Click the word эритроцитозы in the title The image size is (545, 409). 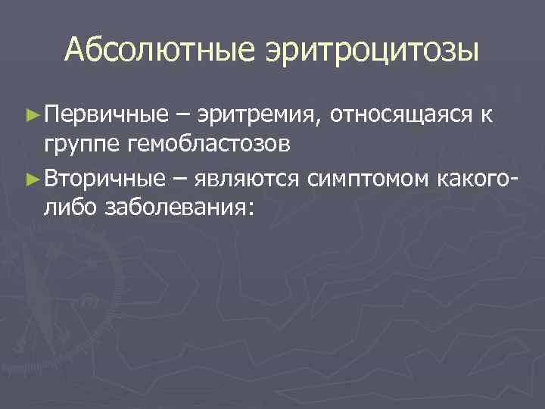(x=372, y=51)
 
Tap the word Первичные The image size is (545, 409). (x=105, y=115)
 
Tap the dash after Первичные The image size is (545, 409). (x=182, y=116)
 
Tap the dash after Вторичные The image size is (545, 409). (x=180, y=180)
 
